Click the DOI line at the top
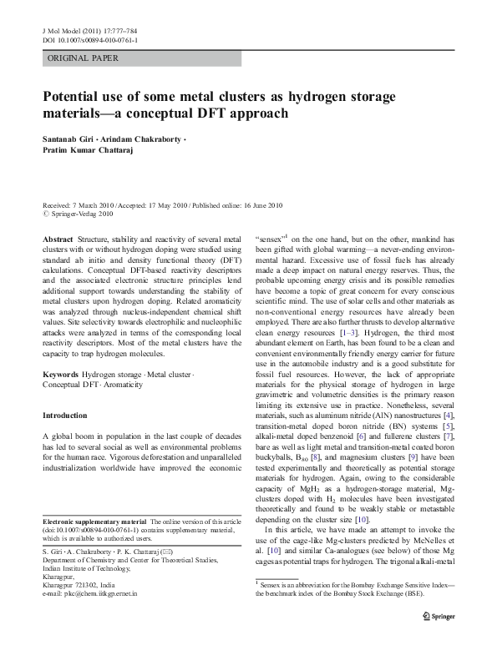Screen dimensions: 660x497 point(90,38)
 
